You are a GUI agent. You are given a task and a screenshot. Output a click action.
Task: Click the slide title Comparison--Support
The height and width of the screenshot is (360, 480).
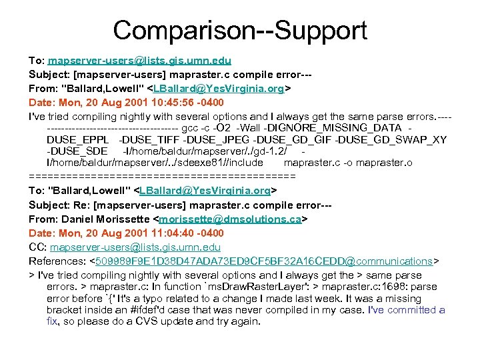[x=240, y=30]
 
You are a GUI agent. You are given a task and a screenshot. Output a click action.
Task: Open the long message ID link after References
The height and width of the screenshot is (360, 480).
[x=264, y=261]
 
